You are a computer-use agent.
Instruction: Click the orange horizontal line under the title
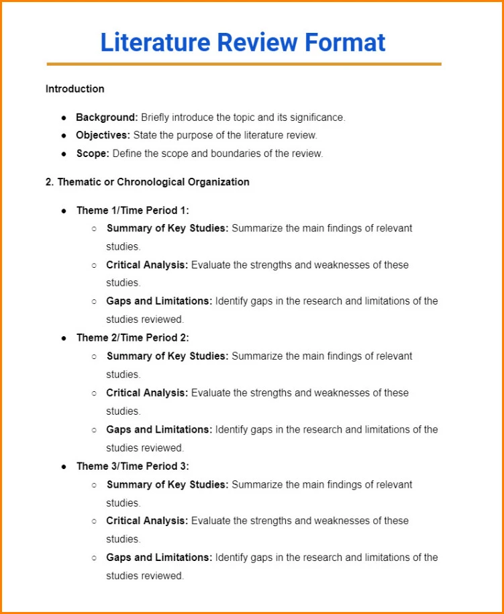[x=244, y=64]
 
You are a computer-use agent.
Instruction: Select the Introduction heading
[x=74, y=89]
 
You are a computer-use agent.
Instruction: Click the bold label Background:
[x=107, y=117]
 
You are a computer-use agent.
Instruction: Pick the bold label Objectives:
[x=103, y=135]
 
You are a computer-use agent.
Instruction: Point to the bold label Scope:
[x=92, y=153]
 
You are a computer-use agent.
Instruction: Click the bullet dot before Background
[x=64, y=118]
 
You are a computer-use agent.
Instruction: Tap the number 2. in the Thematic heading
[x=50, y=182]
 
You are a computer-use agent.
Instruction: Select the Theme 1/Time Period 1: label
[x=132, y=210]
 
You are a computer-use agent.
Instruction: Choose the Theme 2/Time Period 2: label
[x=132, y=338]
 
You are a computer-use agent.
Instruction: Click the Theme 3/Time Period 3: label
[x=132, y=466]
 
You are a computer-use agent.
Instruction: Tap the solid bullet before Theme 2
[x=64, y=338]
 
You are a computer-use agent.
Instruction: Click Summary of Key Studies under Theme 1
[x=167, y=228]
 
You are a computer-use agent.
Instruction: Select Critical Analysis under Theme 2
[x=147, y=393]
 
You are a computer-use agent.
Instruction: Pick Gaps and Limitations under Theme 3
[x=159, y=557]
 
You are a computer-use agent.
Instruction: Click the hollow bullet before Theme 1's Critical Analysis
[x=94, y=265]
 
